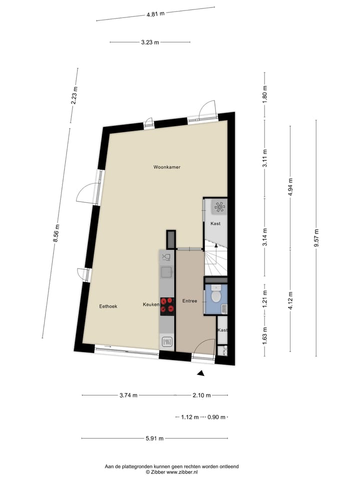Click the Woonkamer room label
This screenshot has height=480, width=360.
[x=166, y=167]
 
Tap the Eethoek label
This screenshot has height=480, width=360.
[x=108, y=306]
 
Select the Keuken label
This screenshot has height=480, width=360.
[x=151, y=304]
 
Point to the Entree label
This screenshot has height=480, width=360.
[x=189, y=301]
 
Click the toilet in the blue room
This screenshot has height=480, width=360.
[x=216, y=295]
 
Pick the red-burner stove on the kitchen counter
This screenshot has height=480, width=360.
[x=167, y=305]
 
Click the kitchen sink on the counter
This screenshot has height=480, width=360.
[x=166, y=272]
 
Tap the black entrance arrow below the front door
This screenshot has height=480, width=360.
[x=200, y=373]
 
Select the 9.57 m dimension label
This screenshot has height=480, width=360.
[x=316, y=237]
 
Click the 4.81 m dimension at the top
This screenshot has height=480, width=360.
[x=155, y=14]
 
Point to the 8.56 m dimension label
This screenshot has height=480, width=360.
[x=57, y=233]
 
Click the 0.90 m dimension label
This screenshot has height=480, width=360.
[x=216, y=416]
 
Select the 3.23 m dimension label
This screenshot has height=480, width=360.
[x=149, y=42]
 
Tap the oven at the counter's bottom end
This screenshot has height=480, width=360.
[x=166, y=342]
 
